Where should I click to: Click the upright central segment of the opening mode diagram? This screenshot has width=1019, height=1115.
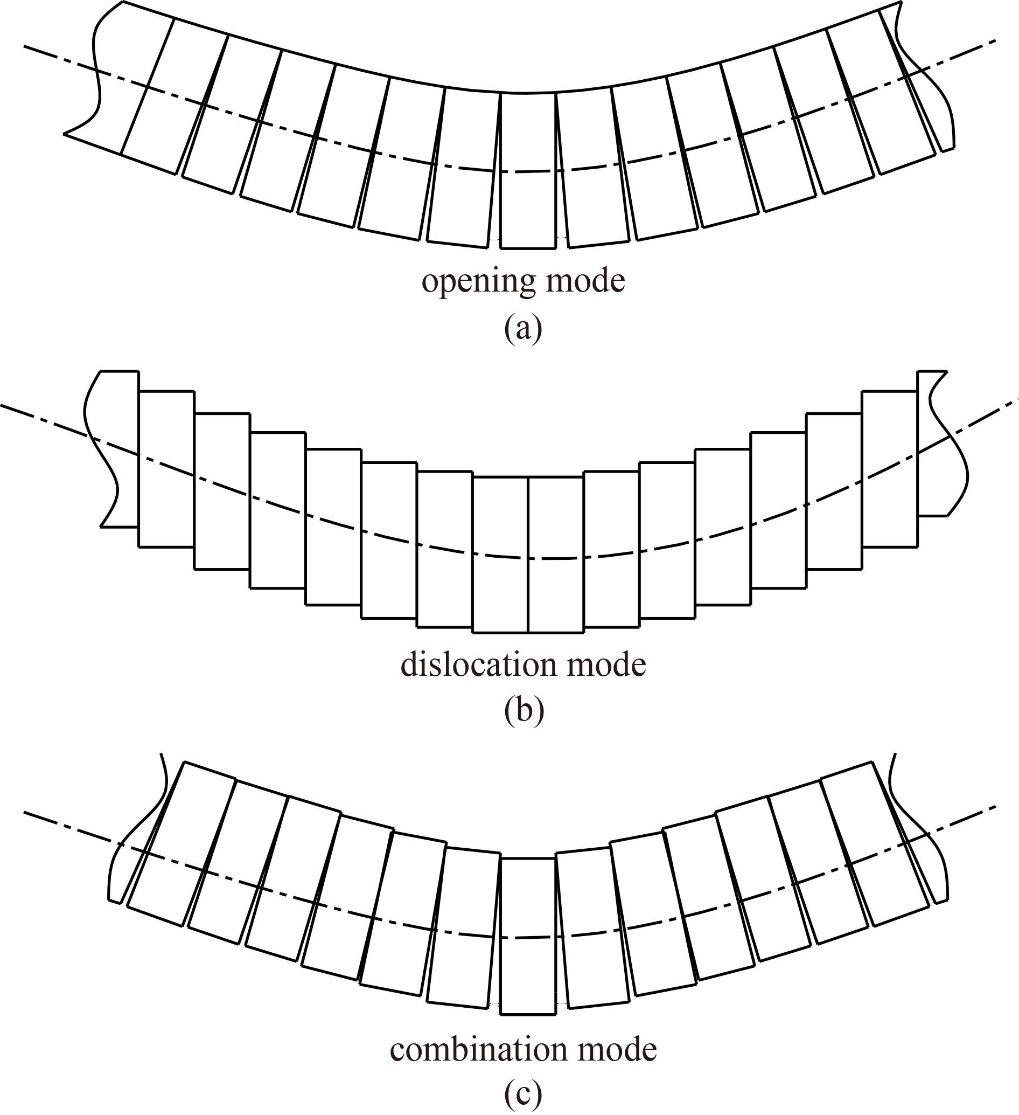pos(528,170)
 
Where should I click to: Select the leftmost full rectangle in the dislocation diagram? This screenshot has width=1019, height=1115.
pos(166,469)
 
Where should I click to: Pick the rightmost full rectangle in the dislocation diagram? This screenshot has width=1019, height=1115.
pos(890,469)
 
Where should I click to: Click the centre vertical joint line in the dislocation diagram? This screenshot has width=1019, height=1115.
pos(528,554)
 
